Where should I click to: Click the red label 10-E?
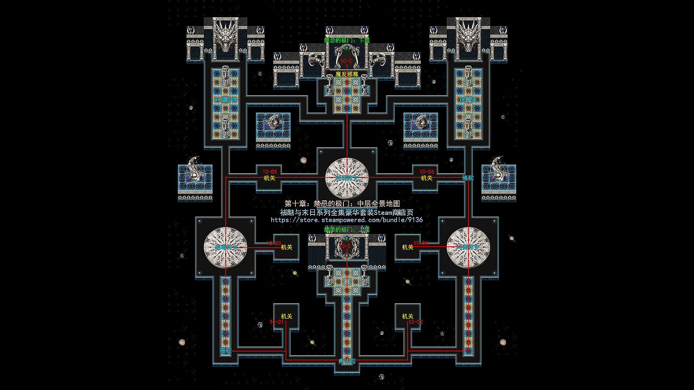click(346, 61)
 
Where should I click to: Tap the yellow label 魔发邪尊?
click(347, 74)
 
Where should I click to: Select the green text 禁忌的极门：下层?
click(347, 40)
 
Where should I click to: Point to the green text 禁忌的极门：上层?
click(347, 229)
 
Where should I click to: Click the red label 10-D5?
click(270, 172)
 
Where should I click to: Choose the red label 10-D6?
click(427, 172)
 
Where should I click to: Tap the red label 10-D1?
click(277, 322)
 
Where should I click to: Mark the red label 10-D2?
click(415, 322)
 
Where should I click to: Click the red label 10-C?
click(345, 246)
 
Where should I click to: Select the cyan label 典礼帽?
click(347, 361)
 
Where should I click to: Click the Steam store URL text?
click(347, 220)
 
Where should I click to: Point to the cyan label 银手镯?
click(468, 99)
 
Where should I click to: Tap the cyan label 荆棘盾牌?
click(226, 99)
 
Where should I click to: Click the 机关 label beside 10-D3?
click(287, 247)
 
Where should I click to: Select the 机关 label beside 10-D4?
click(407, 247)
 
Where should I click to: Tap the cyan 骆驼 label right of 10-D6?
click(468, 178)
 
